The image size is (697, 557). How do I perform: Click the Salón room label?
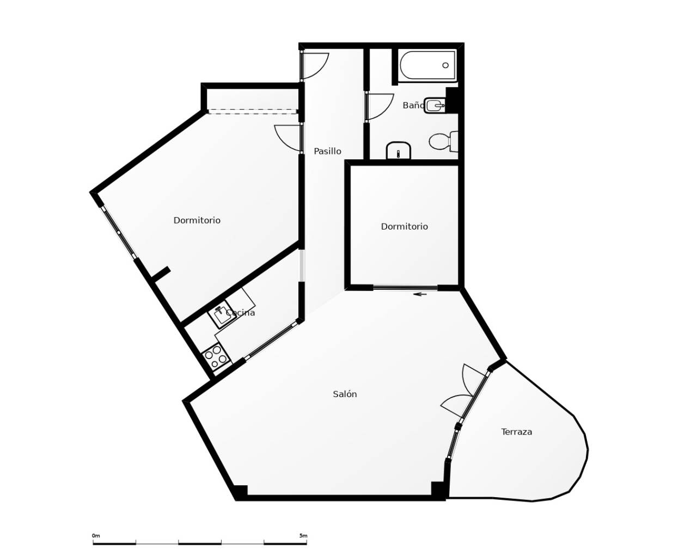(x=345, y=394)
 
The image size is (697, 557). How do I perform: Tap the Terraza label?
(x=516, y=432)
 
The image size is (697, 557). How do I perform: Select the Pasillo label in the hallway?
(x=327, y=151)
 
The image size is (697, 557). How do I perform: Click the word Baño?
(x=413, y=106)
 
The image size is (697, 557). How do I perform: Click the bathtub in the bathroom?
(x=427, y=66)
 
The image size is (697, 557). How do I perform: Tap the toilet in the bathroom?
(x=443, y=142)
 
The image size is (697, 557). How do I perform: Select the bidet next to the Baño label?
(x=435, y=105)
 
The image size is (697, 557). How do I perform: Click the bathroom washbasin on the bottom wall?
(x=399, y=151)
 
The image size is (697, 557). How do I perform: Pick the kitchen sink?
(x=222, y=314)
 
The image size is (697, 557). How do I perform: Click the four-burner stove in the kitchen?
(x=216, y=357)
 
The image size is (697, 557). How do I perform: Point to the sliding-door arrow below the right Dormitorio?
(x=420, y=294)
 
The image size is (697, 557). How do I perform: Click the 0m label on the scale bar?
(x=96, y=536)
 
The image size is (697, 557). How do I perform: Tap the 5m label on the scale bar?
(x=303, y=536)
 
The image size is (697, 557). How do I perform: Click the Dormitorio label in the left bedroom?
(x=197, y=220)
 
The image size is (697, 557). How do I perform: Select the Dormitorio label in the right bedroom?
(x=404, y=226)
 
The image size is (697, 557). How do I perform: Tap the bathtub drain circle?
(x=445, y=65)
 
